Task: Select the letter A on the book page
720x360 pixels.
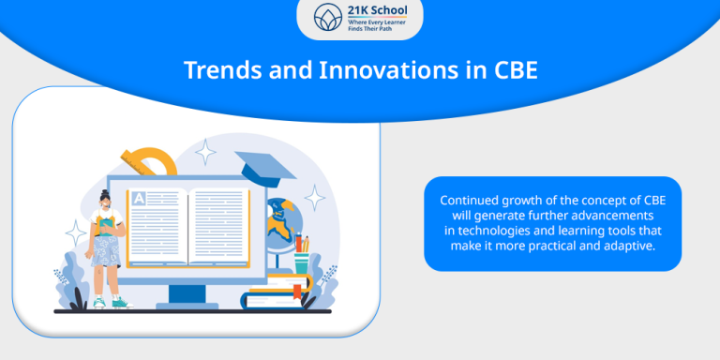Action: click(x=140, y=198)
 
